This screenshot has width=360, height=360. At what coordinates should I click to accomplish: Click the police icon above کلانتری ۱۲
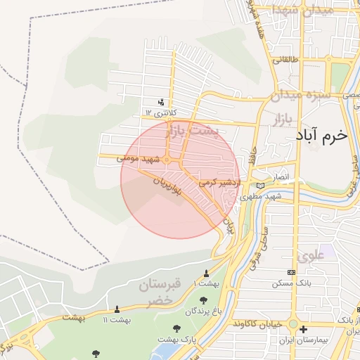[162, 102]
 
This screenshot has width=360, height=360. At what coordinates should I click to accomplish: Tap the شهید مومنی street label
[140, 160]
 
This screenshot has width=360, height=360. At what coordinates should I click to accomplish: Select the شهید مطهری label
[260, 197]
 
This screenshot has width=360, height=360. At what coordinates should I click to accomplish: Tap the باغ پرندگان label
[203, 311]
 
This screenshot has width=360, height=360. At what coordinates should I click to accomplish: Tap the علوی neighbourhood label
[312, 256]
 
